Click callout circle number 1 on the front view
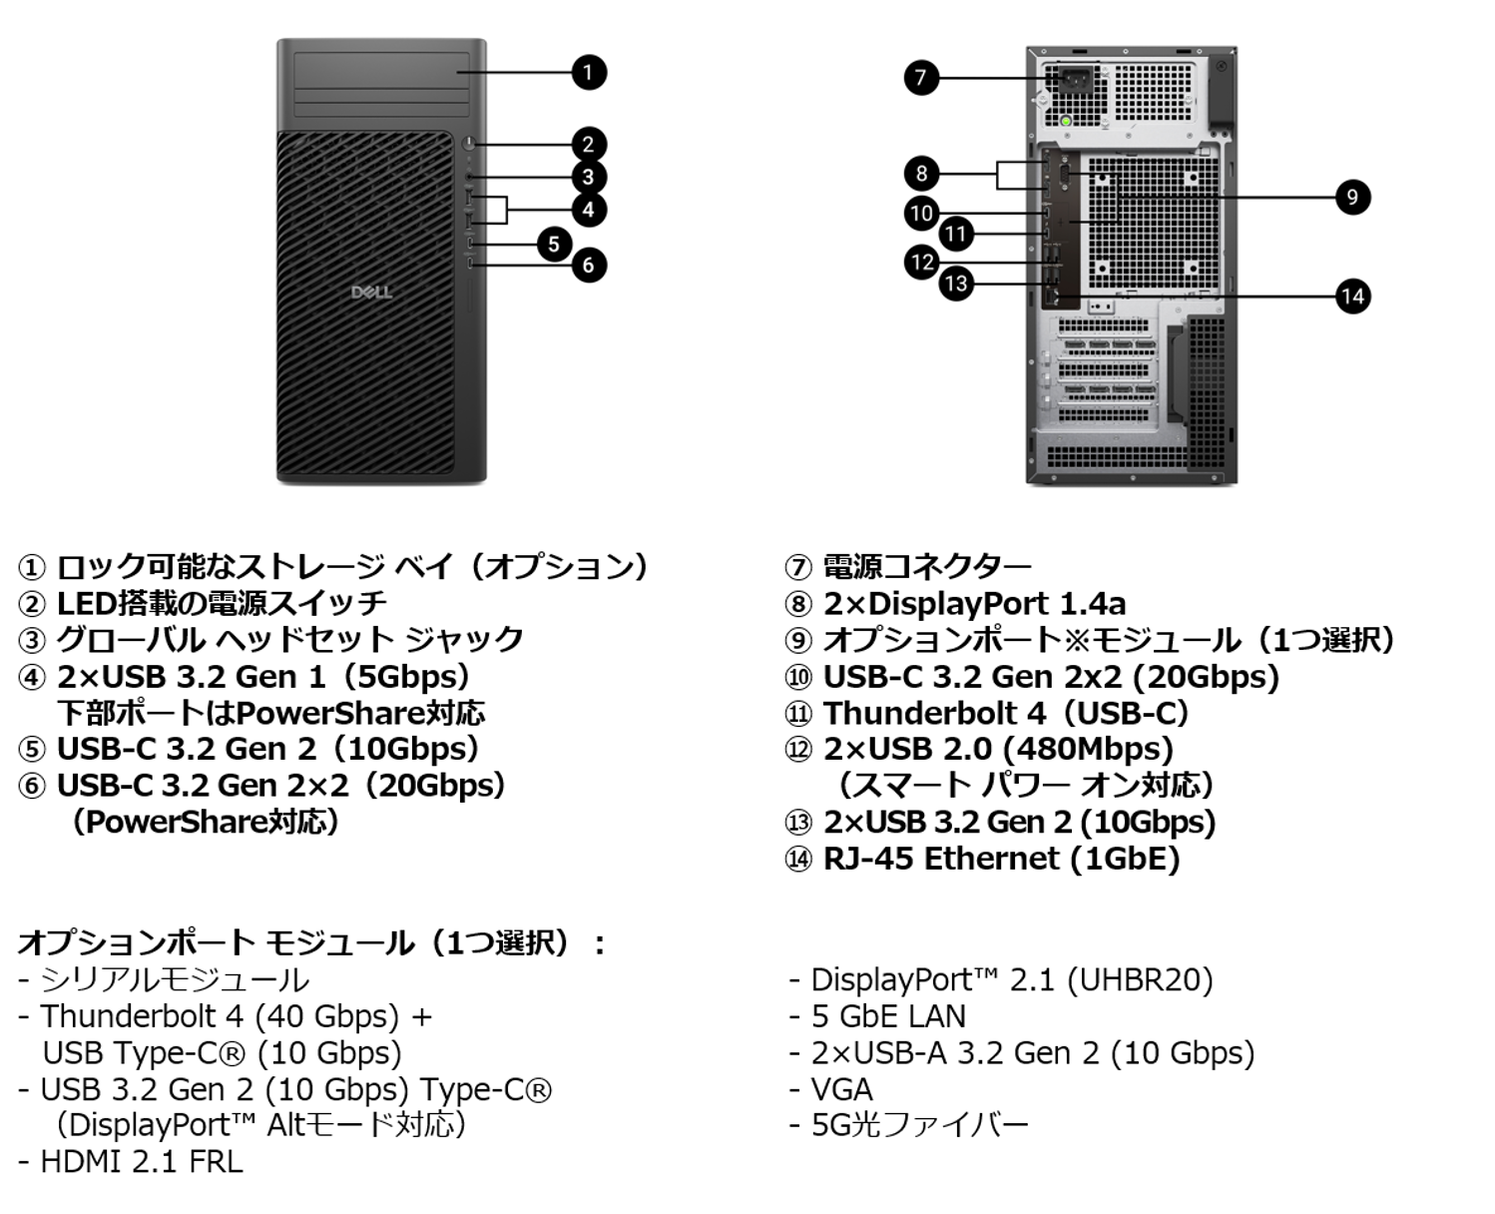pyautogui.click(x=588, y=72)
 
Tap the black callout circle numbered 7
pyautogui.click(x=921, y=77)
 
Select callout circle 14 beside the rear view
pyautogui.click(x=1352, y=296)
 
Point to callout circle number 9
pyautogui.click(x=1352, y=197)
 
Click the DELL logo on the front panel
pyautogui.click(x=371, y=292)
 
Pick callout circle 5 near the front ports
pyautogui.click(x=554, y=244)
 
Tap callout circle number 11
pyautogui.click(x=956, y=234)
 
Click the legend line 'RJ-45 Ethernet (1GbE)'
pyautogui.click(x=1001, y=859)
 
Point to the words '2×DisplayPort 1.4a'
pyautogui.click(x=974, y=603)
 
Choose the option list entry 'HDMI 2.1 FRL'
pyautogui.click(x=141, y=1161)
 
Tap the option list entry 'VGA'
pyautogui.click(x=841, y=1088)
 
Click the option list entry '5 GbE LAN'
pyautogui.click(x=888, y=1015)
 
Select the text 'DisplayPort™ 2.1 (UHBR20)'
pyautogui.click(x=1011, y=979)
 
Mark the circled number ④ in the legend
pyautogui.click(x=32, y=677)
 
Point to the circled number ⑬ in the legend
pyautogui.click(x=798, y=823)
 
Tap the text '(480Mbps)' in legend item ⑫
pyautogui.click(x=1087, y=749)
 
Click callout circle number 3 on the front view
pyautogui.click(x=588, y=177)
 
